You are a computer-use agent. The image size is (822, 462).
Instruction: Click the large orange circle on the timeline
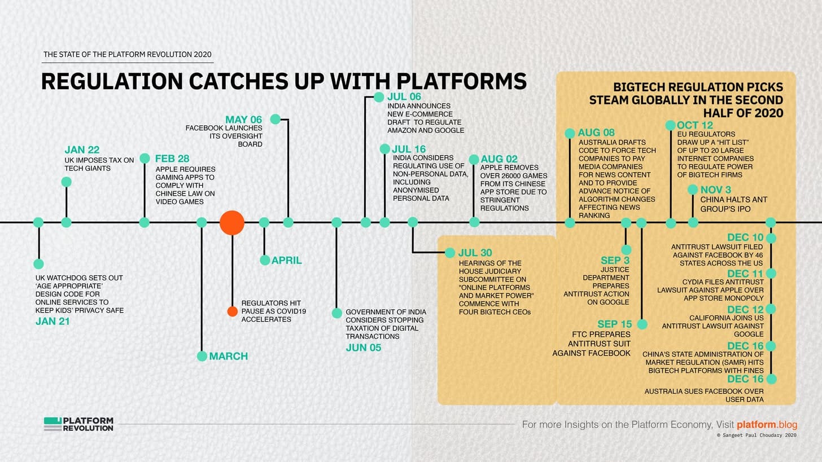click(x=232, y=223)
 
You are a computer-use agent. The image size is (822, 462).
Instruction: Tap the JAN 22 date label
click(x=82, y=149)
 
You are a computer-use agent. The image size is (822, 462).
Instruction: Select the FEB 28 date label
click(x=172, y=159)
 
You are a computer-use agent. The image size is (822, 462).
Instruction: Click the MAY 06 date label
click(x=244, y=120)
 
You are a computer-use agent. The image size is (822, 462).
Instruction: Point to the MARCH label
click(x=229, y=356)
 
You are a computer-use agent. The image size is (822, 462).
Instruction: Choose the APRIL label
click(x=287, y=261)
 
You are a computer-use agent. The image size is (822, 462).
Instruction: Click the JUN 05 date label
click(x=364, y=347)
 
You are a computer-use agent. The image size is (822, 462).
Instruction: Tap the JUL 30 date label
click(x=475, y=253)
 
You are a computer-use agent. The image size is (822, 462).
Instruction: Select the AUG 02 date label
click(x=499, y=159)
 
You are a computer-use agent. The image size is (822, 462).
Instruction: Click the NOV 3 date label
click(x=716, y=190)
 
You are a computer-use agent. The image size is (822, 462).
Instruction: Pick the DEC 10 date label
click(x=745, y=237)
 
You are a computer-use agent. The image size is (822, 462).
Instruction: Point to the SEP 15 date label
click(x=615, y=324)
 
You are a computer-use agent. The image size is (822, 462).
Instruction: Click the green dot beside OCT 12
click(x=671, y=125)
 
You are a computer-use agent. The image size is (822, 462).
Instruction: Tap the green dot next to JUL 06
click(x=379, y=97)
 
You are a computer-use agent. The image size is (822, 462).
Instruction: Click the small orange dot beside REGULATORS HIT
click(x=232, y=311)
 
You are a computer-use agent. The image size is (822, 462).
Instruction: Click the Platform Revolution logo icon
click(x=53, y=424)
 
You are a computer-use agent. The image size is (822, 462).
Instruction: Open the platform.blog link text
click(x=767, y=425)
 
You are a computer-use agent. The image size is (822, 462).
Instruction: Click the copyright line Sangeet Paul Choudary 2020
click(x=757, y=435)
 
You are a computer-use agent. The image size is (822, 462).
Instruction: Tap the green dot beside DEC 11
click(x=771, y=273)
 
